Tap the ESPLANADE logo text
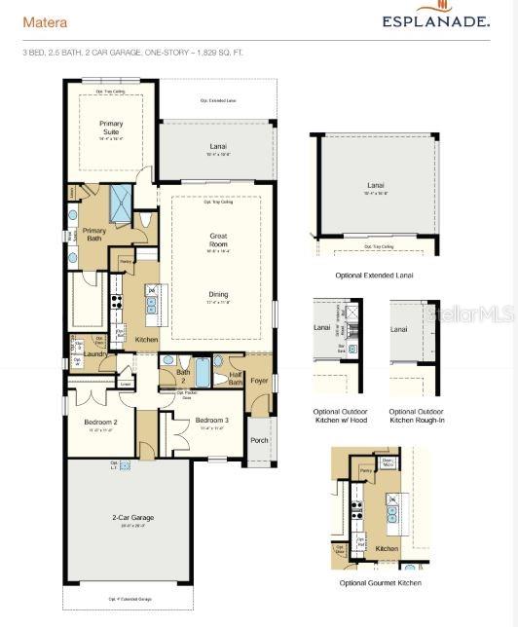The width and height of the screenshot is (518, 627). pyautogui.click(x=435, y=20)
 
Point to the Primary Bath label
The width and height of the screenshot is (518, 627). pyautogui.click(x=94, y=235)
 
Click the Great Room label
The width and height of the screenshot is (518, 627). pyautogui.click(x=218, y=240)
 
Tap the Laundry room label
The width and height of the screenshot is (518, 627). pyautogui.click(x=93, y=354)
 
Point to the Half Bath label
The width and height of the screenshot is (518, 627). pyautogui.click(x=234, y=379)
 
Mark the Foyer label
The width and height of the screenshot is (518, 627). pyautogui.click(x=259, y=381)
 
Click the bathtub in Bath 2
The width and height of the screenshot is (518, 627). pyautogui.click(x=203, y=373)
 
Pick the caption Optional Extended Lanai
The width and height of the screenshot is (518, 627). pyautogui.click(x=374, y=276)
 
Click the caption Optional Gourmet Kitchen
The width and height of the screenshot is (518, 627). pyautogui.click(x=380, y=582)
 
